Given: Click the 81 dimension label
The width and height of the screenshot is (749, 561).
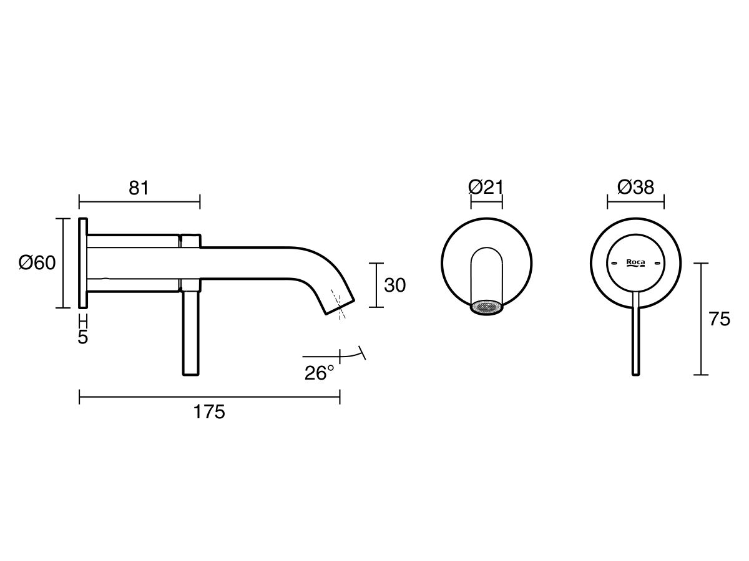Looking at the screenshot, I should (139, 188).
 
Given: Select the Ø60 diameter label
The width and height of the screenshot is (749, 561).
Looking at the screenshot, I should (37, 263).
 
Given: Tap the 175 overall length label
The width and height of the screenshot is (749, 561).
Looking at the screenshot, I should (209, 412).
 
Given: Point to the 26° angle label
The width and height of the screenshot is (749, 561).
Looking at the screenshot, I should (319, 373).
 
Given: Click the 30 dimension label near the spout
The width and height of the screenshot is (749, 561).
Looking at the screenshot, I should (394, 285).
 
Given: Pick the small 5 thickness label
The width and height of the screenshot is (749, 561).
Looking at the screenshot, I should (83, 337).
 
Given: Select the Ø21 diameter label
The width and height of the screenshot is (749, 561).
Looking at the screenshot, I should (486, 187).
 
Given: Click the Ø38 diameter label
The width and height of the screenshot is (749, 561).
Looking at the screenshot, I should (635, 187).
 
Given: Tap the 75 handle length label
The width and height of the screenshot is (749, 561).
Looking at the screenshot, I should (720, 319).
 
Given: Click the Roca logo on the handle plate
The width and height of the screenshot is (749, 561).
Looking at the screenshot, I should (635, 263).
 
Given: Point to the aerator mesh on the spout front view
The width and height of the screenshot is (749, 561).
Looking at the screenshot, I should (487, 307).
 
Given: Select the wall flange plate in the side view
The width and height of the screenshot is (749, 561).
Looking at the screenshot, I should (82, 262).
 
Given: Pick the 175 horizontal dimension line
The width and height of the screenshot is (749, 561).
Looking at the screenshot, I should (209, 397).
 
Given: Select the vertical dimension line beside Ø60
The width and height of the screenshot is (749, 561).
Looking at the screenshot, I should (64, 263).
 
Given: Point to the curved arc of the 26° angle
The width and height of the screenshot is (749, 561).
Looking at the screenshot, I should (353, 355).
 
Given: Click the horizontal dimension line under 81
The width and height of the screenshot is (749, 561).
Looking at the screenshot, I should (139, 201).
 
